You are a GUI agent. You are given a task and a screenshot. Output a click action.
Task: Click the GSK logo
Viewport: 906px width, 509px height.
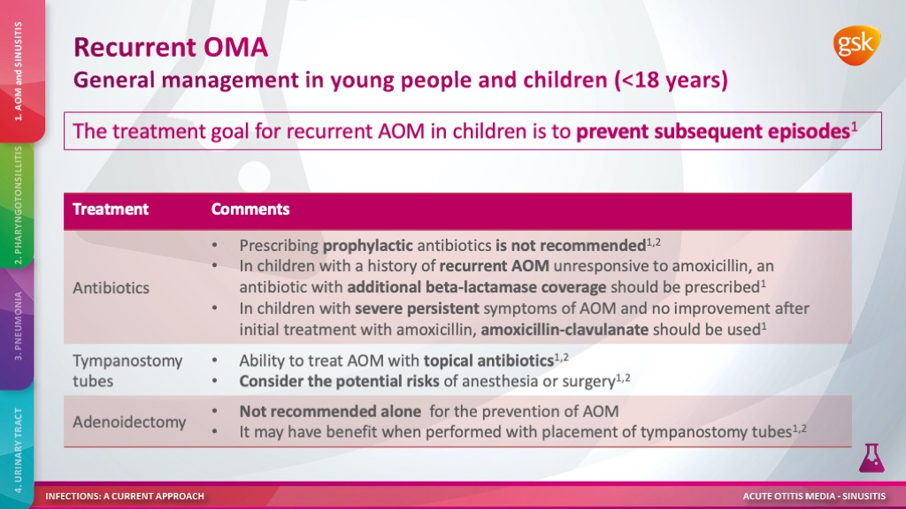coord(856,46)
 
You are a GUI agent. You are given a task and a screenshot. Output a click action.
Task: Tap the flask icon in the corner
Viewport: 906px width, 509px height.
coord(871,458)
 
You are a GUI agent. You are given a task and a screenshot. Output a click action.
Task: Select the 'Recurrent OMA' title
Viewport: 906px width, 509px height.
coord(171,47)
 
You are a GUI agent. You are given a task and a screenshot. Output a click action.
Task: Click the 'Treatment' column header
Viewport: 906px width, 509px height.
coord(111,209)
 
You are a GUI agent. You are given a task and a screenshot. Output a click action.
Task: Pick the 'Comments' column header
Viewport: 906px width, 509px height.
coord(250,209)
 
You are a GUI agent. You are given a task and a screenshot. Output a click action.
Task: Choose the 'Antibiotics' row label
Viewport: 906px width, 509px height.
coord(111,287)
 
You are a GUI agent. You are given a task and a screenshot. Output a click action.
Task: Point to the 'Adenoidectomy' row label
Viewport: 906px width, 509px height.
coord(129,422)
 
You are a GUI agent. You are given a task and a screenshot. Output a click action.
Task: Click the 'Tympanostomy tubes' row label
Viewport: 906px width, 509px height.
coord(127,370)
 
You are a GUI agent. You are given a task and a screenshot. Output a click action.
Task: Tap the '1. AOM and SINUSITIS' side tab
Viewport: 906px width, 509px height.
coord(19,71)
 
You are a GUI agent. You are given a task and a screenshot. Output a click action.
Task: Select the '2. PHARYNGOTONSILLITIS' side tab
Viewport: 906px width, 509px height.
coord(18,205)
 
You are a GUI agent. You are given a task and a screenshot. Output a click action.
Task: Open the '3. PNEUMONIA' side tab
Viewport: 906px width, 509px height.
coord(18,327)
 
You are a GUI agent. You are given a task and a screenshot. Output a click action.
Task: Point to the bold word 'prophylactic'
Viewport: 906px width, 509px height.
coord(367,246)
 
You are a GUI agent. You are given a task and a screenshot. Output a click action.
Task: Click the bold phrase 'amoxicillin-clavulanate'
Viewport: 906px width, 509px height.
coord(564,330)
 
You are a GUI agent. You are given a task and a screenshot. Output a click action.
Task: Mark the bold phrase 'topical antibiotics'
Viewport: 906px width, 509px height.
coord(488,361)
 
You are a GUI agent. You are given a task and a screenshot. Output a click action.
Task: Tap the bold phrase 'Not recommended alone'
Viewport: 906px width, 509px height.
coord(330,412)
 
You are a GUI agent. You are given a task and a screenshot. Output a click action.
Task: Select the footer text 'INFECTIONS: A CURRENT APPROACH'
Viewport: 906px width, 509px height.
coord(125,496)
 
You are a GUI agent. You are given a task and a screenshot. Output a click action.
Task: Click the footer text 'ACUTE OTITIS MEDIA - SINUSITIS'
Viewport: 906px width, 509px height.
coord(814,496)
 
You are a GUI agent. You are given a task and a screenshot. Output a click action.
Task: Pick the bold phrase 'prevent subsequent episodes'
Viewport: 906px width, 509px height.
coord(713,131)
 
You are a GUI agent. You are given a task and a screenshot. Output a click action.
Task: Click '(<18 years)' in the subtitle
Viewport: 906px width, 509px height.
coord(671,80)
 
